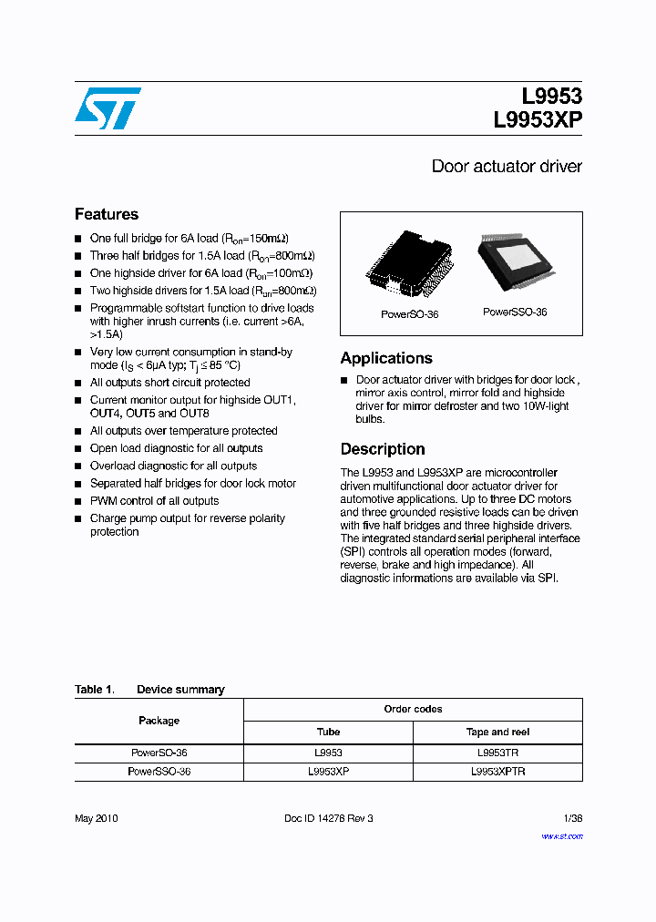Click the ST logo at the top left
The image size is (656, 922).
coord(108,108)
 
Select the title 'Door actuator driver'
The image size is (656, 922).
coord(506,167)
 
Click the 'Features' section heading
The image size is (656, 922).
coord(107,215)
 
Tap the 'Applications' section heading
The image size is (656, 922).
coord(386,358)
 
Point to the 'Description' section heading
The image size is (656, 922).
coord(383,449)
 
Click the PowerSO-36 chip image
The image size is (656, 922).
coord(408,264)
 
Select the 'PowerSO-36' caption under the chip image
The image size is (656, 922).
coord(409,314)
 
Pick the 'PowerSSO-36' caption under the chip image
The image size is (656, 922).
coord(515,312)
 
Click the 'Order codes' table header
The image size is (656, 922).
coord(413,709)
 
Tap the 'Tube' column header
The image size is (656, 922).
coord(328,732)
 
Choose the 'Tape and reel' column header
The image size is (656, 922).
coord(497,732)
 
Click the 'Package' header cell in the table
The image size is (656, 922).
coord(159,721)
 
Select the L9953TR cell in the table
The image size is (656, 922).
coord(497,753)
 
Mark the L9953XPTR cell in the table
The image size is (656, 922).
coord(497,772)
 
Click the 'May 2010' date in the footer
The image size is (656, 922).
coord(96,818)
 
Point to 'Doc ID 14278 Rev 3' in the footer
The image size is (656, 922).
coord(328,818)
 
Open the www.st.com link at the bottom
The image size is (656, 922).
coord(561,835)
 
